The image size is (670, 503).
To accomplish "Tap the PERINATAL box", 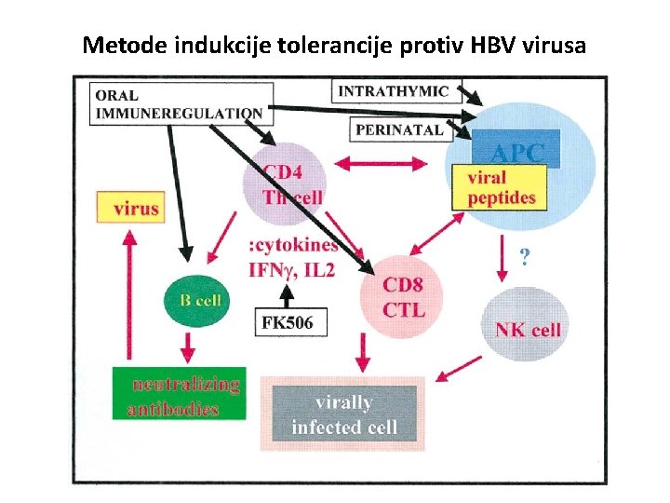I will click(x=399, y=130).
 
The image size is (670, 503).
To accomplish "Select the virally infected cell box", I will click(x=343, y=415).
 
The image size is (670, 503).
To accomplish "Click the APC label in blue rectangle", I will click(x=517, y=152).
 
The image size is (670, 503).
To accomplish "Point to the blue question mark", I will click(x=526, y=257).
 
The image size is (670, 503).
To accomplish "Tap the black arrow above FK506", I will click(x=288, y=293).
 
